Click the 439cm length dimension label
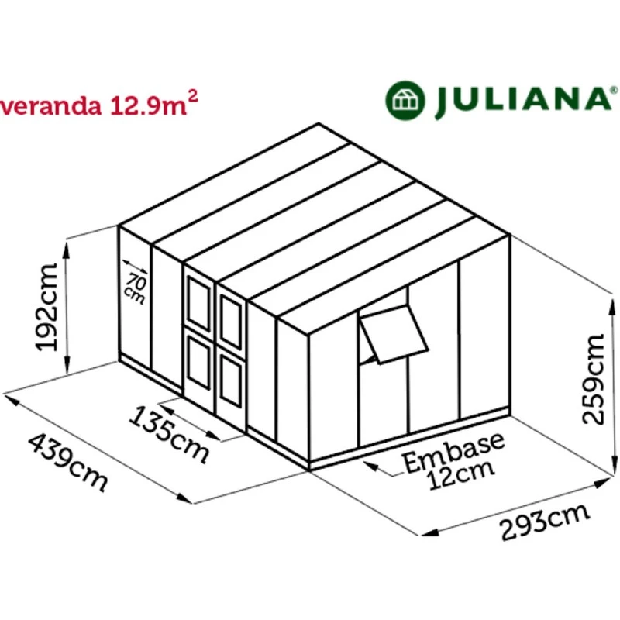click(x=68, y=463)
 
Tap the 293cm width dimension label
click(x=545, y=522)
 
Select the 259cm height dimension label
click(x=594, y=380)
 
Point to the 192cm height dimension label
click(x=46, y=307)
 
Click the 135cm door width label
click(x=169, y=434)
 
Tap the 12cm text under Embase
click(x=461, y=477)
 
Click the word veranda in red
click(x=50, y=106)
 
